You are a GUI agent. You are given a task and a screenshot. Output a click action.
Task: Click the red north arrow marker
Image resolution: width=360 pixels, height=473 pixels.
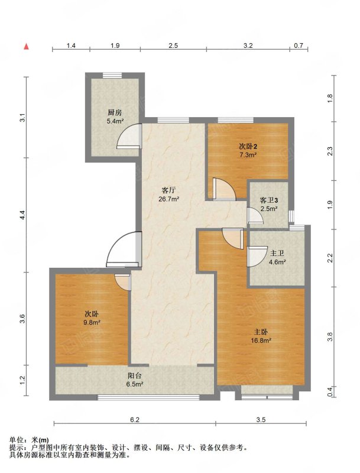coord(27,47)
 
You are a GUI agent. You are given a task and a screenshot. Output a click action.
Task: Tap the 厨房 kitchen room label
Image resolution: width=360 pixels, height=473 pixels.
coord(115,113)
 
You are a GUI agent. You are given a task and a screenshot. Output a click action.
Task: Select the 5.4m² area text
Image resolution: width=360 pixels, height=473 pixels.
coord(115,122)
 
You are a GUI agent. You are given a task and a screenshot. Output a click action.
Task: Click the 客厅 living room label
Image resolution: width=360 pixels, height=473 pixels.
coord(169,190)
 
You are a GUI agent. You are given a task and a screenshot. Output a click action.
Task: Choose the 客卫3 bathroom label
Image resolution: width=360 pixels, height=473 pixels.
coord(269,200)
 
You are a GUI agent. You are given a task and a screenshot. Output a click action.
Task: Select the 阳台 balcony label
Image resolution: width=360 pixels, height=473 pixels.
coord(134,376)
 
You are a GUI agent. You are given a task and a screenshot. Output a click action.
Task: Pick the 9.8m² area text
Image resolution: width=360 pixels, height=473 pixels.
coord(92,322)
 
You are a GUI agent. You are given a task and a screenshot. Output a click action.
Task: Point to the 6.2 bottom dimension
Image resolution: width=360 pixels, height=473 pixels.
coord(135,420)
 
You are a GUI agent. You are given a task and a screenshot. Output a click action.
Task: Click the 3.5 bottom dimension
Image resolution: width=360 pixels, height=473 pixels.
coord(261,420)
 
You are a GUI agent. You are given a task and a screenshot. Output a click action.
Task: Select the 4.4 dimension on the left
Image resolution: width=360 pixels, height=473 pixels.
coord(22,215)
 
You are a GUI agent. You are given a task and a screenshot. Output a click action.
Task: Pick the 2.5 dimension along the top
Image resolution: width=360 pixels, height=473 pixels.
coord(173,46)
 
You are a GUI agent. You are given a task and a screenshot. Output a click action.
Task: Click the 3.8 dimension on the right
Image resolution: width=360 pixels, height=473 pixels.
coord(330,336)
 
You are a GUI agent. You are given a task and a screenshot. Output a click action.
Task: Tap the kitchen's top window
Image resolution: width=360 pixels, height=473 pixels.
coord(112,76)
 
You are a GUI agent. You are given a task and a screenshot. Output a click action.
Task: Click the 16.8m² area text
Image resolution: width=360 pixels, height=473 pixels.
coord(261,341)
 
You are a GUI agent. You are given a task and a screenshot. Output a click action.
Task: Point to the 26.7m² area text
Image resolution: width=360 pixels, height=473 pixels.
coord(169,199)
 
